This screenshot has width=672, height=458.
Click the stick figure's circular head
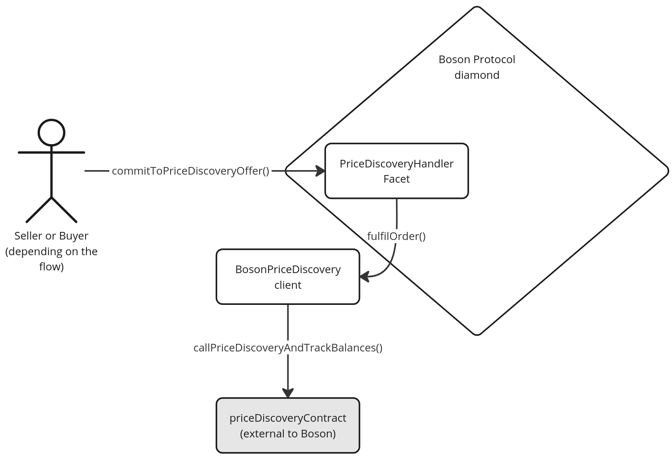[51, 133]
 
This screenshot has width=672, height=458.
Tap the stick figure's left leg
[39, 210]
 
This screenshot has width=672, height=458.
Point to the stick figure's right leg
[64, 210]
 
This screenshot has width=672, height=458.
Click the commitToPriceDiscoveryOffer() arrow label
[190, 171]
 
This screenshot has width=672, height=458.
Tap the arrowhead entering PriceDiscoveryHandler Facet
[320, 171]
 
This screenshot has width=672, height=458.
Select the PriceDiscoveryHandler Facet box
[396, 171]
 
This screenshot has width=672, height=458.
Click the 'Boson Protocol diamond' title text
[477, 67]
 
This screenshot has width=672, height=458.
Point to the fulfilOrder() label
[396, 236]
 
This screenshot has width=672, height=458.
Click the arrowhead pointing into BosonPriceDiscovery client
[364, 277]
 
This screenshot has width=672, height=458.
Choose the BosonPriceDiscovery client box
[288, 277]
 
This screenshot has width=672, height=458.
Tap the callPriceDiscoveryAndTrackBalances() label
[288, 348]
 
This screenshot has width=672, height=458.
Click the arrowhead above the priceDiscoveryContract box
[288, 393]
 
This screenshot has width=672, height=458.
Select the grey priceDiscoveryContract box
[288, 425]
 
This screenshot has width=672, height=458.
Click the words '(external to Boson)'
[288, 433]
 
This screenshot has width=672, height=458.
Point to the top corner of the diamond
[477, 7]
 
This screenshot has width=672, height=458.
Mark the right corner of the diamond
[668, 171]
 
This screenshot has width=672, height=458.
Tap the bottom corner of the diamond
[477, 334]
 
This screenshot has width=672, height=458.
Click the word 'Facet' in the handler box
[396, 179]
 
